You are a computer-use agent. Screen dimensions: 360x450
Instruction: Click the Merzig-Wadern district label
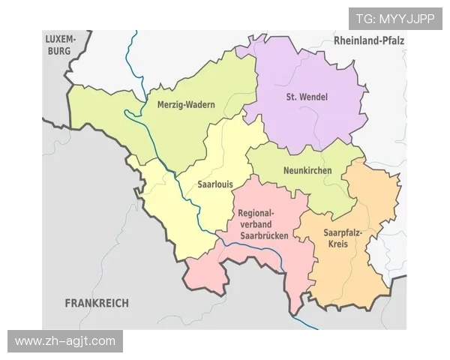pos(185,105)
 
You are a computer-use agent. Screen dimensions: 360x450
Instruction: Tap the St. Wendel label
pos(307,97)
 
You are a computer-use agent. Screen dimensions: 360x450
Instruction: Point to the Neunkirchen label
pos(307,171)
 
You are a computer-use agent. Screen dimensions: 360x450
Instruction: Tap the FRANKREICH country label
pos(97,303)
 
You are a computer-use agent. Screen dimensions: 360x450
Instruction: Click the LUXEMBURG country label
pos(61,45)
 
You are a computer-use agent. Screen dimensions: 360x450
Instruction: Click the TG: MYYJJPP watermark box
pos(395,19)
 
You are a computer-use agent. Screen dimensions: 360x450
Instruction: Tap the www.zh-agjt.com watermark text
pos(65,341)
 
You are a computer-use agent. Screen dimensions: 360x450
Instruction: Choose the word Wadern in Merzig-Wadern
pos(200,105)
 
